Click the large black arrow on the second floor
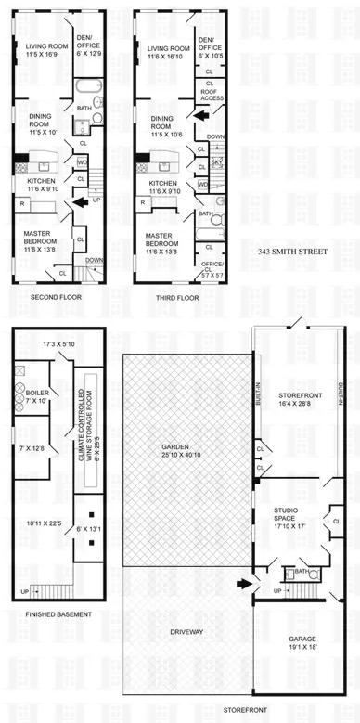point(82,200)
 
